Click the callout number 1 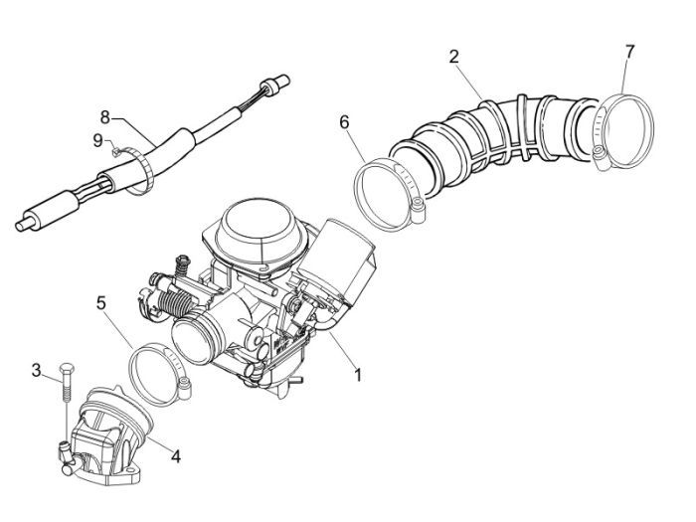[357, 376]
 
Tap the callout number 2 [453, 57]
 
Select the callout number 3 [36, 371]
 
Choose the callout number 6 [344, 122]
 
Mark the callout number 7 [629, 50]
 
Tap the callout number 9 [98, 140]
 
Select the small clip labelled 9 [117, 151]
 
